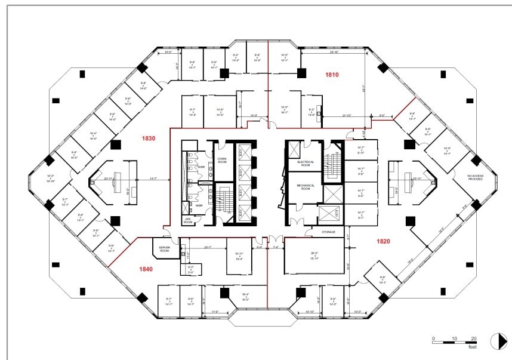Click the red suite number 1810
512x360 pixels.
click(x=332, y=75)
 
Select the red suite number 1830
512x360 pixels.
click(x=149, y=139)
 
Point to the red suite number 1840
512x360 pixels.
click(x=146, y=269)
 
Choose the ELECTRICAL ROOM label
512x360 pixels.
click(x=301, y=164)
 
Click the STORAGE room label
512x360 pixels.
click(x=328, y=232)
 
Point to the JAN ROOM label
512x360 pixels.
click(x=188, y=220)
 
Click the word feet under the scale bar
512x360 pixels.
click(x=472, y=347)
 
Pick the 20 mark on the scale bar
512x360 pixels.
click(x=473, y=338)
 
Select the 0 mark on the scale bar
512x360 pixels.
click(x=434, y=338)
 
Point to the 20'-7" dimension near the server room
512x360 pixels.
click(x=208, y=247)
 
